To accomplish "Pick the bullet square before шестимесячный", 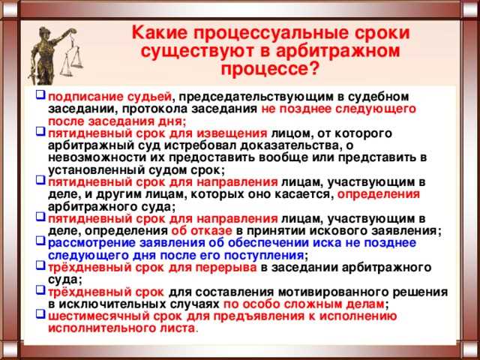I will point(40,316).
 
